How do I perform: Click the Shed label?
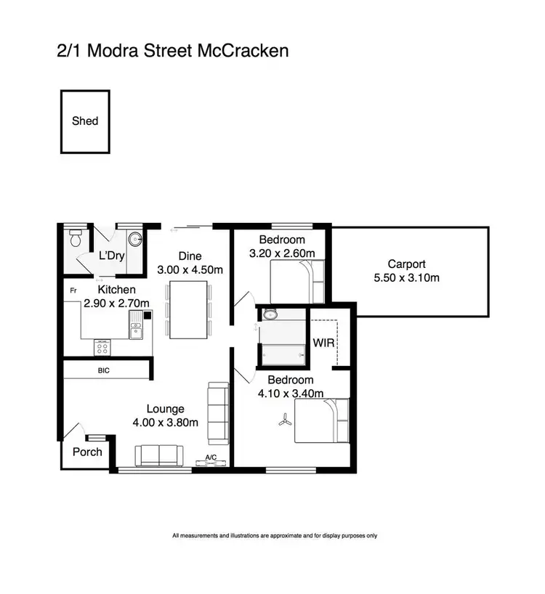tap(85, 121)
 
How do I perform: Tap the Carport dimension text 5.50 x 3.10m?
tap(406, 277)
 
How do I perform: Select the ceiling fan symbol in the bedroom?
tap(283, 420)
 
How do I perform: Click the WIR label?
tap(323, 341)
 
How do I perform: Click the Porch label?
tap(87, 452)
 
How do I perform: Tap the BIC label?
tap(105, 370)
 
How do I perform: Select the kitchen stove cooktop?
tap(103, 348)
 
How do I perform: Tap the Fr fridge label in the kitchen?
tap(73, 291)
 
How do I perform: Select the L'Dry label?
tap(113, 256)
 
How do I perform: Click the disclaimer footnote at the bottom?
tap(275, 536)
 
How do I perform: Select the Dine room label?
tap(190, 256)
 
